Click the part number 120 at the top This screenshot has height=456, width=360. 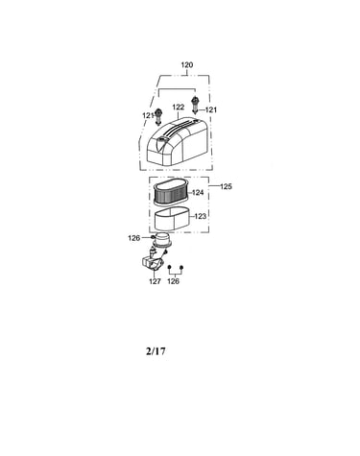(187, 65)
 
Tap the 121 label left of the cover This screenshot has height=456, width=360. (148, 115)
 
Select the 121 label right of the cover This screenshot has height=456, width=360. (211, 110)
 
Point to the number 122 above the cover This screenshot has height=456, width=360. (179, 108)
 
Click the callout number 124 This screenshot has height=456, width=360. (198, 193)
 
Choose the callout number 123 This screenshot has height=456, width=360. (200, 216)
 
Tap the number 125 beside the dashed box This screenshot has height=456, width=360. (226, 186)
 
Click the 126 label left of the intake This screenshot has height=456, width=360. (133, 238)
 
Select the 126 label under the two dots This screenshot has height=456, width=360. (174, 281)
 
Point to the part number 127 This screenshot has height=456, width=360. (155, 281)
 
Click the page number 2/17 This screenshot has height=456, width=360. (156, 351)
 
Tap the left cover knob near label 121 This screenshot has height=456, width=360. (158, 117)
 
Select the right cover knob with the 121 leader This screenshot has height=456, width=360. (195, 106)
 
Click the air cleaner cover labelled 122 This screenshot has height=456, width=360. (177, 141)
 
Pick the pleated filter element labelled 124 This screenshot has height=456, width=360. (172, 193)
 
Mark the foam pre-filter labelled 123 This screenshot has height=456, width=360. (173, 221)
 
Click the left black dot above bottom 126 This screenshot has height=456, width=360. (170, 267)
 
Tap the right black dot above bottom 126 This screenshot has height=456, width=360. (181, 267)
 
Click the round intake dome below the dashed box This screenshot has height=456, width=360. (163, 241)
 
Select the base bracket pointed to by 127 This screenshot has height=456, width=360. (151, 264)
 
